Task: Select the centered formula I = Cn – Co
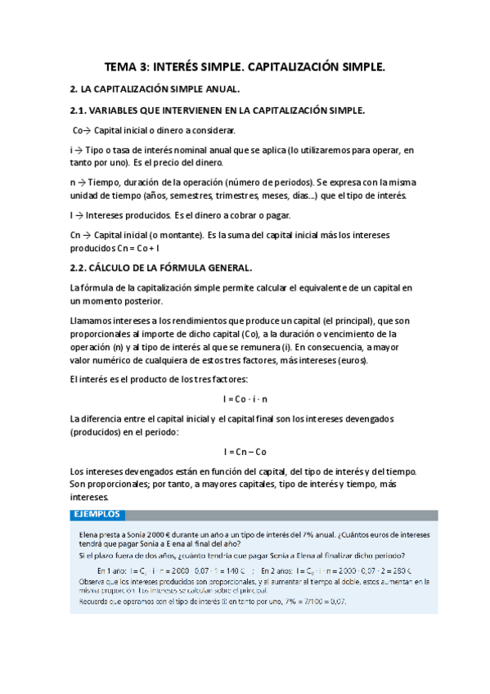click(245, 452)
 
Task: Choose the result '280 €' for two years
click(397, 571)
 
